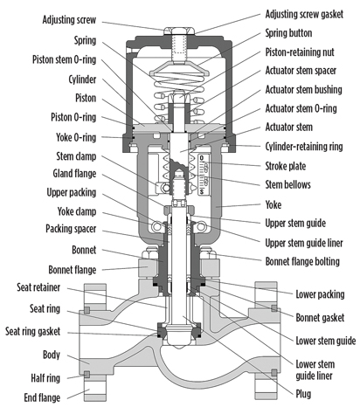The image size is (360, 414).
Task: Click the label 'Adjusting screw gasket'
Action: tap(304, 14)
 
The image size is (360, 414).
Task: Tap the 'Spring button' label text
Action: tap(288, 33)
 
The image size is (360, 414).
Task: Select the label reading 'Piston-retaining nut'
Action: tap(300, 52)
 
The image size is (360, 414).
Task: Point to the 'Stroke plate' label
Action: tap(286, 166)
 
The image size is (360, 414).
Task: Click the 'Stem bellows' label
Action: tap(287, 184)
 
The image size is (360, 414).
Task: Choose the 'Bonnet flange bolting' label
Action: tap(302, 261)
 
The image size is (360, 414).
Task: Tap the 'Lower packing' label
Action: tap(320, 294)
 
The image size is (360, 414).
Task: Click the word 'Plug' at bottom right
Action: tap(303, 394)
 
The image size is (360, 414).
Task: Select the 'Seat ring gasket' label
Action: tap(33, 331)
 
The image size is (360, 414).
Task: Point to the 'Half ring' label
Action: tap(45, 378)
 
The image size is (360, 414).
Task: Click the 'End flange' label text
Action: tap(42, 397)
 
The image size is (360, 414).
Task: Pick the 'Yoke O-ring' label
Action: tap(76, 137)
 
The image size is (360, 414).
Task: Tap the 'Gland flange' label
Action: tap(74, 174)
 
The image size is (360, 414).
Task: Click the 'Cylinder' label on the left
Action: tap(82, 79)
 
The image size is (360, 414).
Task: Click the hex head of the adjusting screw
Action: tap(178, 31)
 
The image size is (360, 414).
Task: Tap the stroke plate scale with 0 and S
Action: tap(203, 175)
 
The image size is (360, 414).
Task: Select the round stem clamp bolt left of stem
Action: tap(166, 188)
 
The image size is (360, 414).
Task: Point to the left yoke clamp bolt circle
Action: tap(156, 226)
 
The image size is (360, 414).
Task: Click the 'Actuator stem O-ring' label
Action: tap(301, 108)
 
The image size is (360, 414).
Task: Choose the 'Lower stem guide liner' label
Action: tap(315, 369)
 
